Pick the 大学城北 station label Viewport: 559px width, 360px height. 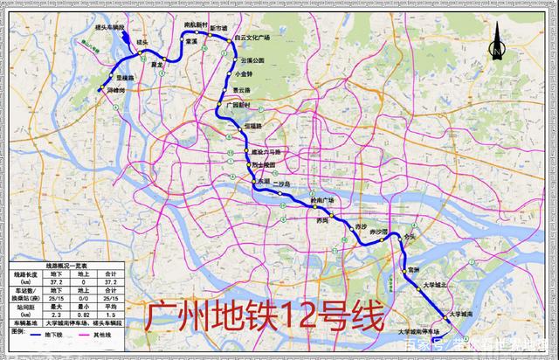[434, 284]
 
